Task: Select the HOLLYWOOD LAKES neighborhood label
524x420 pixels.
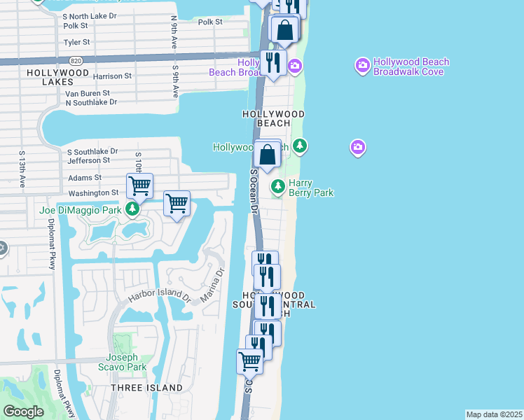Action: [58, 77]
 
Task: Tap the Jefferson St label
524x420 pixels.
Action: [88, 160]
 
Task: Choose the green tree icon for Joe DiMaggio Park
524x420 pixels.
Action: [132, 209]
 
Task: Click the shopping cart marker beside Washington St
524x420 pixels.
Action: [140, 186]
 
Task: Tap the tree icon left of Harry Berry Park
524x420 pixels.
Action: [279, 186]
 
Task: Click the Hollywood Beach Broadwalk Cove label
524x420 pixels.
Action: [411, 66]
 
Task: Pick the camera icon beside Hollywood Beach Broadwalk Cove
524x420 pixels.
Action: [362, 66]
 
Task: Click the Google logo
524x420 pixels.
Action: [23, 412]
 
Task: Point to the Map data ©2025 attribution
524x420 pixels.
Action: [494, 414]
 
